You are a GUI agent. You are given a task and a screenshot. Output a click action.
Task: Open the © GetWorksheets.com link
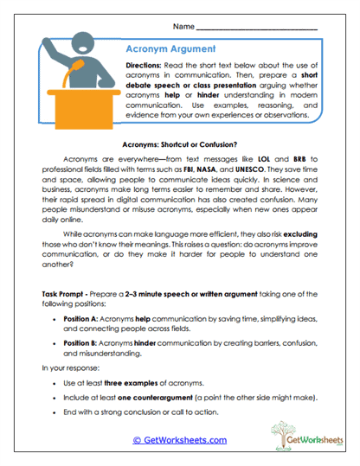(x=179, y=439)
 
